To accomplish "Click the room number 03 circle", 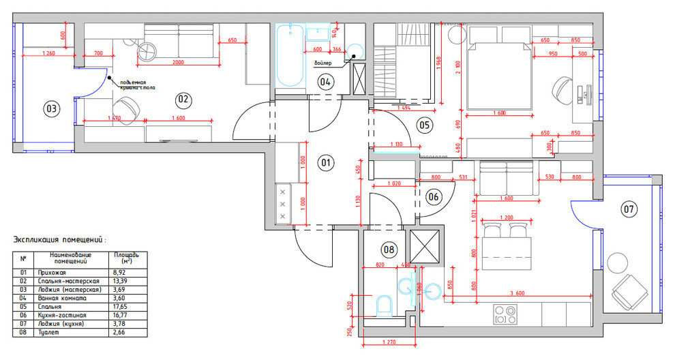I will [x=51, y=108].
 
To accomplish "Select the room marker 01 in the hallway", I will [x=325, y=162].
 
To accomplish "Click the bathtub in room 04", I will [x=290, y=56].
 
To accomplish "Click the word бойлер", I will [x=323, y=63].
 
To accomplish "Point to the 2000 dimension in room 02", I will [x=177, y=63].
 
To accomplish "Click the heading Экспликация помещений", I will [x=59, y=240].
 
